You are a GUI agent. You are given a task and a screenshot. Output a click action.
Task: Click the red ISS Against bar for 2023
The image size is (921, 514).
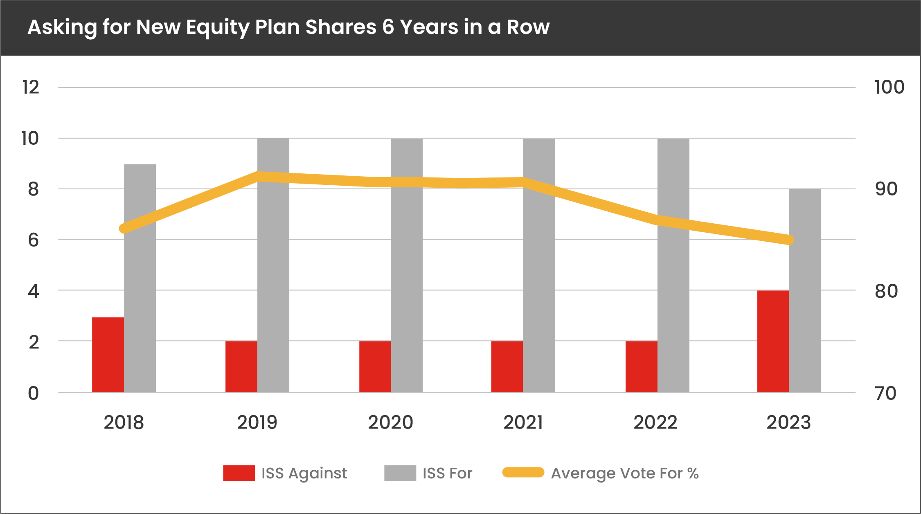pos(772,341)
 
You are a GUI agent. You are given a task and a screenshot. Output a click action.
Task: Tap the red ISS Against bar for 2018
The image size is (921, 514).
pos(108,355)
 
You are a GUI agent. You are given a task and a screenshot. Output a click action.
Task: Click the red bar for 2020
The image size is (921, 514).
pos(375,366)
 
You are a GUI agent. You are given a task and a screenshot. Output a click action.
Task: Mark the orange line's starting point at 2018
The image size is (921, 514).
pos(124,229)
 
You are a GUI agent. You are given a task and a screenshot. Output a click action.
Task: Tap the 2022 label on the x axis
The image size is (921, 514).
pos(655,422)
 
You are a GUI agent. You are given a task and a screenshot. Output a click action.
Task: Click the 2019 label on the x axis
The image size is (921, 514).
pos(257,422)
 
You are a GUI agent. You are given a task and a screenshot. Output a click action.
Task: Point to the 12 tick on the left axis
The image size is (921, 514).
pos(31,88)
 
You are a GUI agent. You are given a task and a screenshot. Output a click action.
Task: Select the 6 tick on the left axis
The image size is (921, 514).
pos(33,240)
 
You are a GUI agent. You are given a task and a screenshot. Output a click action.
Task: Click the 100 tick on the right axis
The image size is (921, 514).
pos(889,88)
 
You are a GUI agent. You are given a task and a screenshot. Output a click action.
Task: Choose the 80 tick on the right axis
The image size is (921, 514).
pos(886,291)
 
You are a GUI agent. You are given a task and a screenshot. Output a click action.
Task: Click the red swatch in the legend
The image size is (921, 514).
pos(239,473)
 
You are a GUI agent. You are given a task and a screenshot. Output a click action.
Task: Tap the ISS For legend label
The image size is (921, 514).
pos(447,473)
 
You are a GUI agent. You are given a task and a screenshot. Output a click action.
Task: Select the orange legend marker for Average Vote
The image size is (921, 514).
pos(523,472)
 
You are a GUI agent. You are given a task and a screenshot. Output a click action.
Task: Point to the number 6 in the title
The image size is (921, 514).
pos(388,27)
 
